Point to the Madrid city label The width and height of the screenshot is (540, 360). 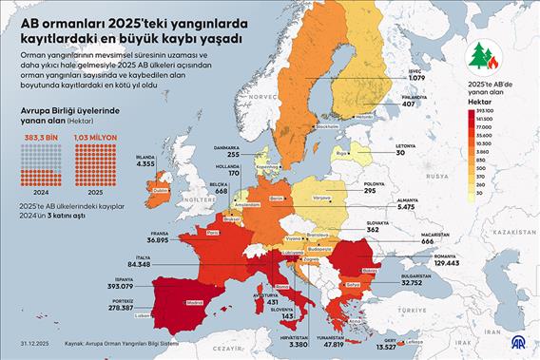tap(194, 304)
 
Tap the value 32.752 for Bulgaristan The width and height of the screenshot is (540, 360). tap(416, 283)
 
